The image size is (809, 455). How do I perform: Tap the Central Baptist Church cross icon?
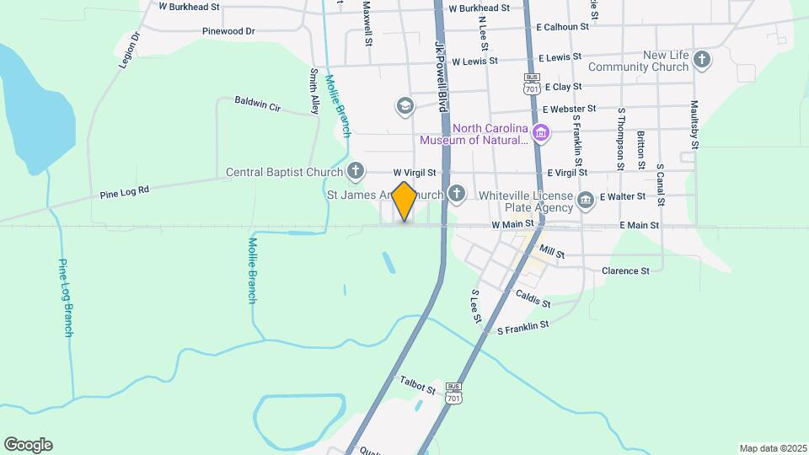click(x=356, y=172)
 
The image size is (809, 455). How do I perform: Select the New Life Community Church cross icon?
click(x=702, y=60)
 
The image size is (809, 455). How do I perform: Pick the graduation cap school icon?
click(x=405, y=106)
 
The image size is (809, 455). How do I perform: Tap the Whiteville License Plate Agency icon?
click(x=586, y=200)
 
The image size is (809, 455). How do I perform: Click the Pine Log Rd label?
click(x=124, y=191)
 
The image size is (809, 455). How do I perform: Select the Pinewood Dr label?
click(x=228, y=31)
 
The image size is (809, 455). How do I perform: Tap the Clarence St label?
click(x=625, y=271)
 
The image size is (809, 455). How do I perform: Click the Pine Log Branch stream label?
click(x=66, y=297)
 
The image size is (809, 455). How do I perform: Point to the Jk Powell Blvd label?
click(x=439, y=76)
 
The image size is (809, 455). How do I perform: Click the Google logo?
click(x=28, y=445)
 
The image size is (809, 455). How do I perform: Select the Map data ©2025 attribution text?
click(x=772, y=448)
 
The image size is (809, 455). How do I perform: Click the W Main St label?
click(x=513, y=225)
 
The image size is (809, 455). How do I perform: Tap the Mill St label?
click(x=551, y=252)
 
